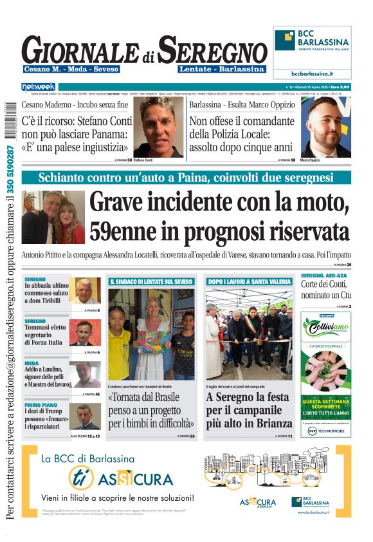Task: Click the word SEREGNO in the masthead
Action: coord(213,50)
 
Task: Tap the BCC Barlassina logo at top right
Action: coord(312,40)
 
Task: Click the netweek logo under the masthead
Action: coord(39,87)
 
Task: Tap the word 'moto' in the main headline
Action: coord(317,204)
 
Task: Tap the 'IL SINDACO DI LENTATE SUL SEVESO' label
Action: coord(150,281)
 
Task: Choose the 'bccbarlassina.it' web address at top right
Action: coord(312,74)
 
